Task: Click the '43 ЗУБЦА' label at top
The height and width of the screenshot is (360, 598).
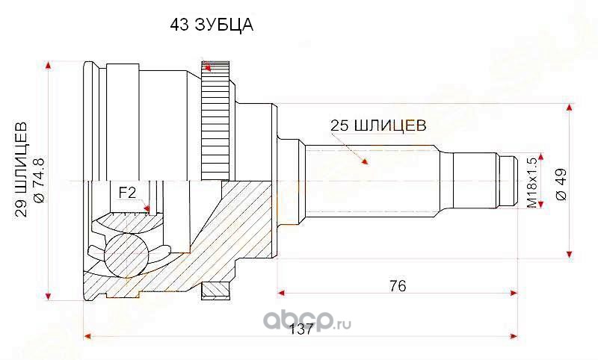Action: point(212,25)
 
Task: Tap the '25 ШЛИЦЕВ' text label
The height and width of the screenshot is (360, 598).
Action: point(378,125)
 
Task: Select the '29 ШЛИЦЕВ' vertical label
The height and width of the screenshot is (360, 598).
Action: point(22,170)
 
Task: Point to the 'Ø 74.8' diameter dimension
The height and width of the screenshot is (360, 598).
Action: point(40,180)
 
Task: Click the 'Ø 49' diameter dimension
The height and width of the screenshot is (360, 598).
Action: point(562,184)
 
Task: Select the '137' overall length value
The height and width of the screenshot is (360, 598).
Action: point(300,329)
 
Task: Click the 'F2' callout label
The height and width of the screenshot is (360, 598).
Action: point(127,193)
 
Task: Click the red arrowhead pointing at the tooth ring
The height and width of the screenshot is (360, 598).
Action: point(208,68)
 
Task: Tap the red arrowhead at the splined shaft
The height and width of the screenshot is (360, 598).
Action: point(365,162)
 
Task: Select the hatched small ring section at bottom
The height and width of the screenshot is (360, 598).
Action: point(216,291)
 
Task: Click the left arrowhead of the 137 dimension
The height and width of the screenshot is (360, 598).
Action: point(88,336)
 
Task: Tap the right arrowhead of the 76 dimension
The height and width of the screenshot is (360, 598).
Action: point(514,293)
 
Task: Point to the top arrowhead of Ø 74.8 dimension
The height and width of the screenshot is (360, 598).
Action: point(48,66)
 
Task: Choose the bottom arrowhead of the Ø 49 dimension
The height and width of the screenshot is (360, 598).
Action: point(570,254)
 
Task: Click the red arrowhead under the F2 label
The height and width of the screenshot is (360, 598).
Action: point(147,208)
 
